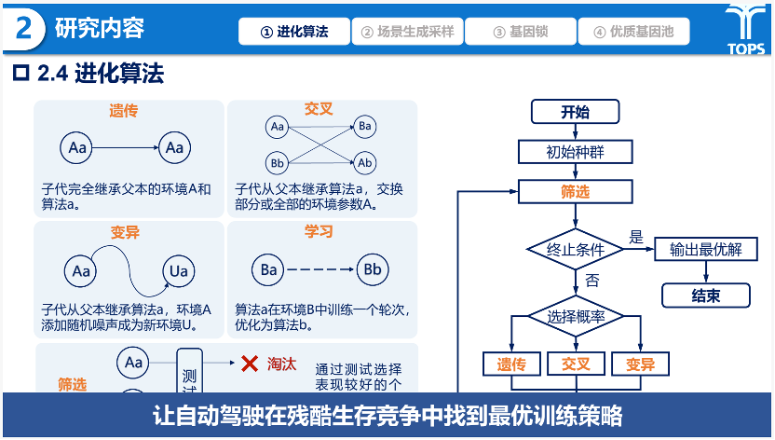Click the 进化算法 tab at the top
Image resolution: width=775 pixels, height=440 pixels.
(294, 32)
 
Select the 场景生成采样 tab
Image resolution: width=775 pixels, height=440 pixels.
(407, 32)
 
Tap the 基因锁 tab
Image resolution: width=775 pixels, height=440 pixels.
(520, 32)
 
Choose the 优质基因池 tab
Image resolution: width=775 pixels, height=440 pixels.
(633, 32)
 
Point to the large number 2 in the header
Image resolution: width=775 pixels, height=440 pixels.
(24, 29)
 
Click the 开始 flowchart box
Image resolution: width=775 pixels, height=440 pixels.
(575, 113)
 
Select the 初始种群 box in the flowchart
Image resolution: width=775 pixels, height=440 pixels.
(575, 152)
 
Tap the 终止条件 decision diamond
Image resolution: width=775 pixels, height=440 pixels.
(575, 250)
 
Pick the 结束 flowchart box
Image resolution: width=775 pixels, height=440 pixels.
(705, 296)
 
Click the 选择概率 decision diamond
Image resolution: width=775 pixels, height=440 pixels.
(575, 316)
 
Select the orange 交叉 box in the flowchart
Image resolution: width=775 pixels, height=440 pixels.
(575, 364)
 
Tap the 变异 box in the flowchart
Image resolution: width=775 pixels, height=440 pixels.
(640, 364)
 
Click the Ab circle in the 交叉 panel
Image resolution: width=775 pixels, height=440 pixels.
(365, 163)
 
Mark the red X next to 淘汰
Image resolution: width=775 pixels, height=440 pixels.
(249, 364)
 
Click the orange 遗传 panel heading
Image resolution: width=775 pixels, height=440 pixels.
(124, 111)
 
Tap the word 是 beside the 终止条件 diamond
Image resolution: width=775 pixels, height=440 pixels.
(636, 237)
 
